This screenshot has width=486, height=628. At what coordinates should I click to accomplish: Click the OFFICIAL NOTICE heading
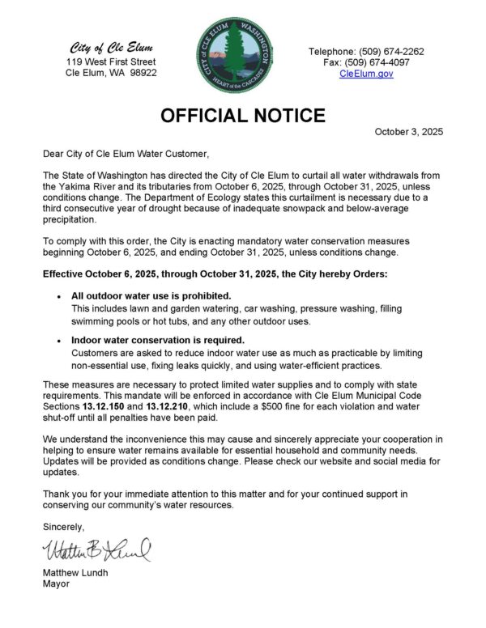(243, 116)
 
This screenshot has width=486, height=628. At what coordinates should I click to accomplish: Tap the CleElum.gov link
(366, 73)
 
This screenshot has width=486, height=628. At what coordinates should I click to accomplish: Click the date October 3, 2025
(408, 132)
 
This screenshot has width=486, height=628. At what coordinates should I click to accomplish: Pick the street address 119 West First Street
(111, 62)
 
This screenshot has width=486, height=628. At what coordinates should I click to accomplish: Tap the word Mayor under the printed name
(57, 584)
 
